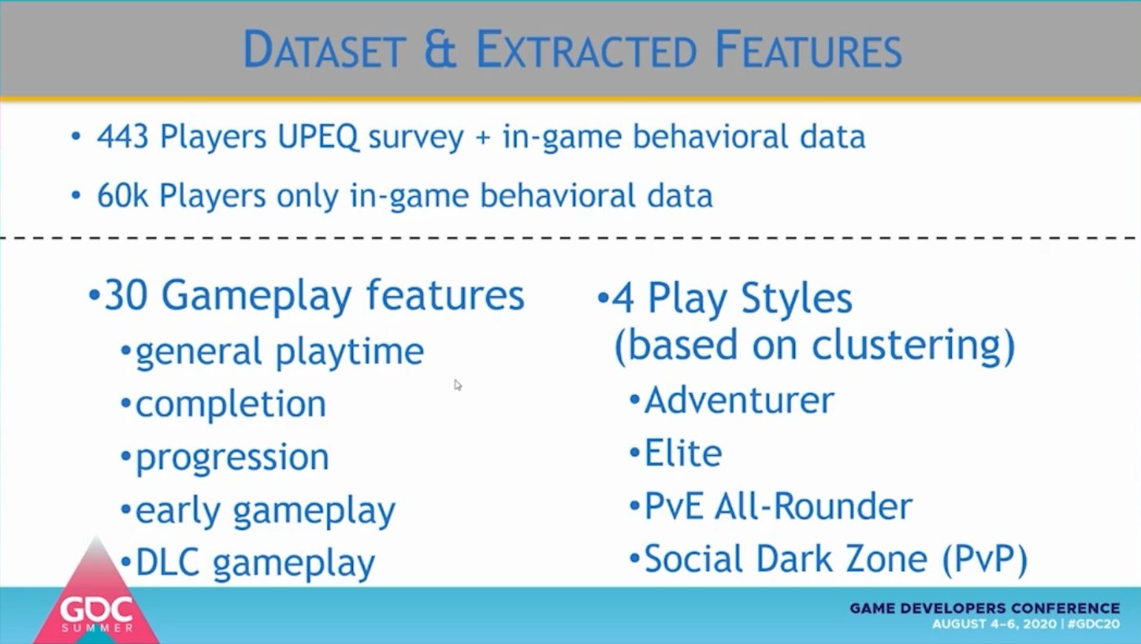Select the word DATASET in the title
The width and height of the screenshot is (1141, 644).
click(x=325, y=50)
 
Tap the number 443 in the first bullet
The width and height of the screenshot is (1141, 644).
click(x=123, y=136)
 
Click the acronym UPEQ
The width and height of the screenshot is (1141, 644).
click(x=318, y=138)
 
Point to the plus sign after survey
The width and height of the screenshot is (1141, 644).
click(x=482, y=138)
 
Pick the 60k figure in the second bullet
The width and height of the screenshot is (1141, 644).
click(x=122, y=195)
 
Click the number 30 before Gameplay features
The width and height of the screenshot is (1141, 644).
click(x=126, y=295)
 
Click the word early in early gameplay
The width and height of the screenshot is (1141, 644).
click(x=178, y=511)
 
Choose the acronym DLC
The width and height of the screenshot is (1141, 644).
click(x=167, y=563)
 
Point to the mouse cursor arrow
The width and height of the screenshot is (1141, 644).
click(x=458, y=385)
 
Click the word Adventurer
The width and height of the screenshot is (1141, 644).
click(x=740, y=401)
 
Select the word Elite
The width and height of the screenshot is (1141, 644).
click(x=684, y=453)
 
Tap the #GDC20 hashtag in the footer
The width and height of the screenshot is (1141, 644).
click(x=1094, y=624)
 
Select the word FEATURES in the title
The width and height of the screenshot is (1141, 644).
click(x=808, y=50)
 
